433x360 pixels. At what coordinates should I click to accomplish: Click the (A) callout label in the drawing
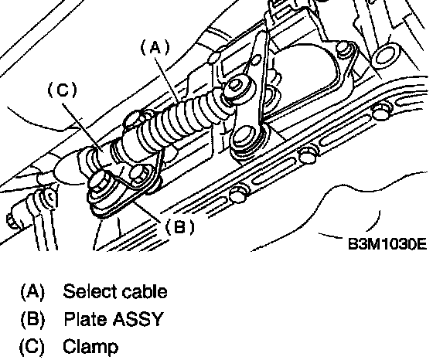pos(155,47)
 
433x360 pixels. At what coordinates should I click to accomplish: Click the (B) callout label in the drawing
pos(179,227)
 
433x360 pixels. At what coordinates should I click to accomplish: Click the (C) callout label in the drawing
pos(63,90)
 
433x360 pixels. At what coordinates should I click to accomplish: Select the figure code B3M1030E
pos(387,244)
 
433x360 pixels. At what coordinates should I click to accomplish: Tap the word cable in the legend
pos(145,291)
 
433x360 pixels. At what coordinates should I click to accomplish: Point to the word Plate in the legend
pos(86,319)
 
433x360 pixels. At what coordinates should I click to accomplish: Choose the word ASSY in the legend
pos(138,319)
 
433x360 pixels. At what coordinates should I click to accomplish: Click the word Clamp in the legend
pos(90,347)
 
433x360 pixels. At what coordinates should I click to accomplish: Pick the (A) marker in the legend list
pos(32,292)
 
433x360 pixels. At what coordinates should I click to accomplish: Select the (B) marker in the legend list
pos(32,320)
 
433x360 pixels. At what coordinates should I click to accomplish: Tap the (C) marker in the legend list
pos(32,347)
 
